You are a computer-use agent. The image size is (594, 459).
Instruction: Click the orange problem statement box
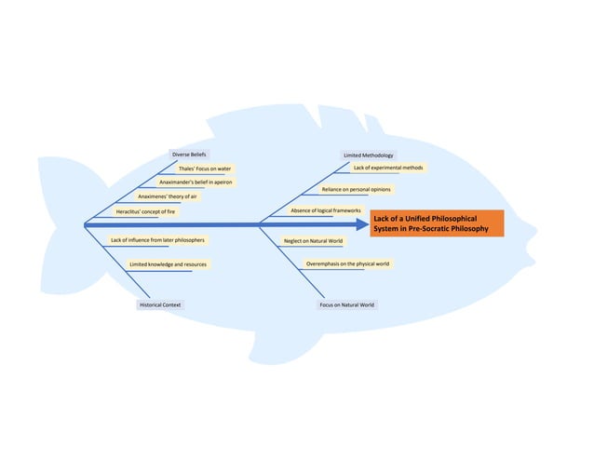pos(436,223)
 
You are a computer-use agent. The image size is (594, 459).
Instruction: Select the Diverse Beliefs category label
pos(189,154)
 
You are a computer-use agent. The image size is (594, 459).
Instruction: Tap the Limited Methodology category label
pos(368,155)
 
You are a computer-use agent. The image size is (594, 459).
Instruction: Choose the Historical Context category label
pos(160,304)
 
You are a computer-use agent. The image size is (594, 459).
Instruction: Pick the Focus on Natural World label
pos(346,304)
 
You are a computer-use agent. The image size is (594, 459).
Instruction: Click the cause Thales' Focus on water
pos(205,169)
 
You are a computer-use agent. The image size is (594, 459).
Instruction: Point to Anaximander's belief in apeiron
pos(195,182)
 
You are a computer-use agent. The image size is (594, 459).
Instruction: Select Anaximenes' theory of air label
pos(168,197)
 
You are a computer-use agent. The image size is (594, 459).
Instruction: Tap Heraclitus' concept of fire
pos(145,211)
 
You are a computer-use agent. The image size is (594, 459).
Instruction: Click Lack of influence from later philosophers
pos(157,240)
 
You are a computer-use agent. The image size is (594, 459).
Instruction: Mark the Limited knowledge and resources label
pos(168,264)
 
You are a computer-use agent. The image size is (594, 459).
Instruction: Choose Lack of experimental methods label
pos(387,168)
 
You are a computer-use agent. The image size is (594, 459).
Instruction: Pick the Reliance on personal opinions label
pos(356,189)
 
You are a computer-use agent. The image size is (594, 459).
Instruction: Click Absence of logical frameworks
pos(325,211)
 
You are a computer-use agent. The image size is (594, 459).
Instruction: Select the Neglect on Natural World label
pos(313,241)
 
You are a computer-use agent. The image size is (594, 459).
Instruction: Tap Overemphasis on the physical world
pos(347,264)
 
